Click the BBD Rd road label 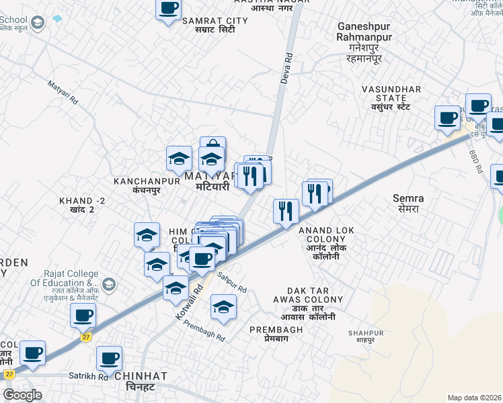476,162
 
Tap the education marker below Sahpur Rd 223,307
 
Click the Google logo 22,395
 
